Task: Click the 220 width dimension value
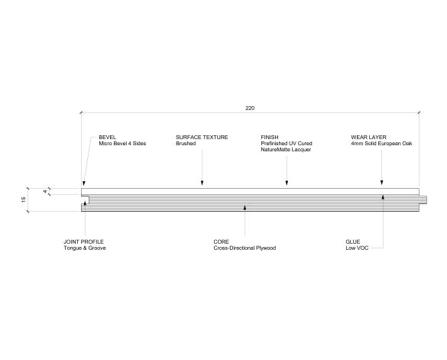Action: [x=250, y=108]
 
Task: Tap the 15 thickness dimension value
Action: [x=24, y=199]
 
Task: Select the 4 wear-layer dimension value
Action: [x=45, y=191]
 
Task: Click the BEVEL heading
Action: [x=108, y=138]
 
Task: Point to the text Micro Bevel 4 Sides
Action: [x=122, y=143]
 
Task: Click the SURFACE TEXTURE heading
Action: [x=202, y=138]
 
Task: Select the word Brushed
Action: [x=186, y=143]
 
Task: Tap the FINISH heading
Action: [x=270, y=138]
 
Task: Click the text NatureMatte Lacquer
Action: [x=286, y=150]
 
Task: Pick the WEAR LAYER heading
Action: [x=368, y=138]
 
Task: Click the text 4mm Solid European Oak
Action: [x=381, y=143]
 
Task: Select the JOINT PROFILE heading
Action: [x=83, y=242]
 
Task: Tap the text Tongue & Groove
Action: [x=85, y=248]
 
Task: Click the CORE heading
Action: [x=222, y=242]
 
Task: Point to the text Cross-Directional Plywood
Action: [x=245, y=248]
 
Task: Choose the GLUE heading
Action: [x=353, y=242]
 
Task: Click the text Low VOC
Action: [x=357, y=248]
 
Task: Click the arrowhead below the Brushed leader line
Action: [x=202, y=183]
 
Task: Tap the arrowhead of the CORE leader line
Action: [x=245, y=208]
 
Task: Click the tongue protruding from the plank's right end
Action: [x=423, y=200]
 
